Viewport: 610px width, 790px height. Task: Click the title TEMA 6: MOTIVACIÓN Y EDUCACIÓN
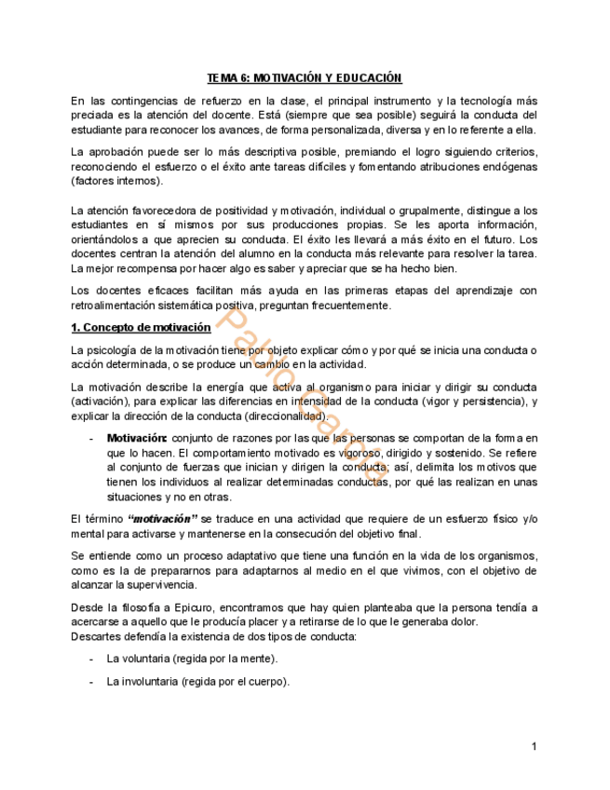(304, 78)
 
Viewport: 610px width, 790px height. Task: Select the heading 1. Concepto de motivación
(141, 327)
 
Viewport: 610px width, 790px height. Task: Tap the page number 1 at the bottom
(534, 746)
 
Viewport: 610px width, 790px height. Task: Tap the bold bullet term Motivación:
(137, 438)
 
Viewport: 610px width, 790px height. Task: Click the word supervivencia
(159, 585)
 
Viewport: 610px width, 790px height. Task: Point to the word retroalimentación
(115, 306)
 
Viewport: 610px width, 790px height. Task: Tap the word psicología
(114, 349)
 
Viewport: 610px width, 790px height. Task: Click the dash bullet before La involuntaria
(90, 681)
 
